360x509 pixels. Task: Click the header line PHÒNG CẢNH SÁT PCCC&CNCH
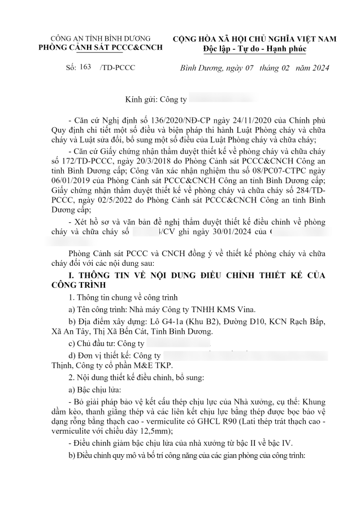coord(99,47)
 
